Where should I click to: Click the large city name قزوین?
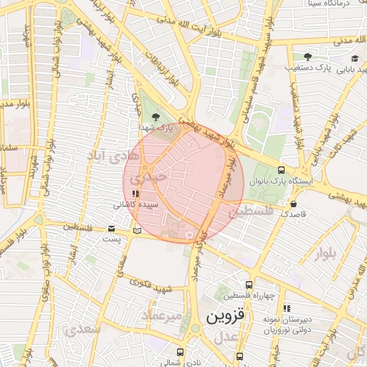click(225, 315)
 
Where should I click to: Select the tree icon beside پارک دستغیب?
click(308, 57)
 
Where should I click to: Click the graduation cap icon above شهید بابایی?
click(354, 58)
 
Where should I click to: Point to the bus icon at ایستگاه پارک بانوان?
click(281, 171)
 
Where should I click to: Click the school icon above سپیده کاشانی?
click(135, 193)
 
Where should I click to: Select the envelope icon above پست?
click(110, 229)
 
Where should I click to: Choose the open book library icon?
click(138, 231)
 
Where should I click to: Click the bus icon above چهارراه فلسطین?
click(249, 285)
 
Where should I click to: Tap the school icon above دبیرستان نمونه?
click(287, 308)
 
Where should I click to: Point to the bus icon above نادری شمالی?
click(179, 352)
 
